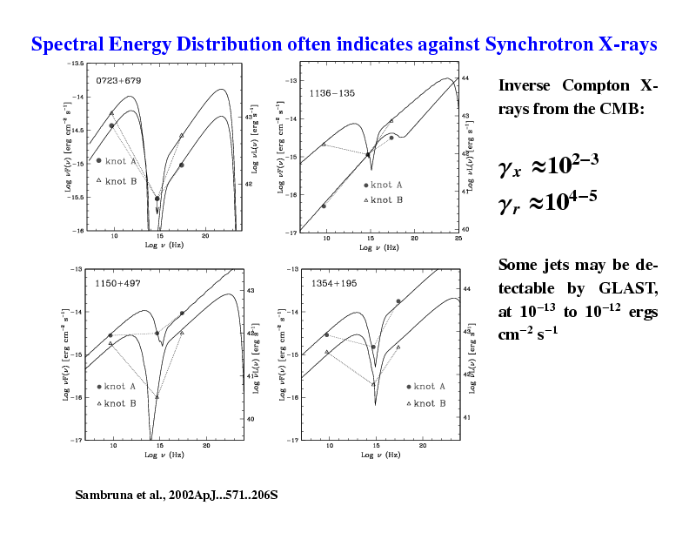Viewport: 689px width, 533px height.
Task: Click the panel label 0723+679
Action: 118,81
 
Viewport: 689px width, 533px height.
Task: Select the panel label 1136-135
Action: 332,92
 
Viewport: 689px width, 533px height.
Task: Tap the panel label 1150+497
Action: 117,284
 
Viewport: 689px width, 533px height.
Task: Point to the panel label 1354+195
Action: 334,284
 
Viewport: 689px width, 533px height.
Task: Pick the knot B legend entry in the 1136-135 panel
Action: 382,200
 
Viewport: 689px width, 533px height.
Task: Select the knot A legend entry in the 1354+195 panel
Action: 425,387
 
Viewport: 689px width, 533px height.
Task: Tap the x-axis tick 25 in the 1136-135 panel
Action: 458,238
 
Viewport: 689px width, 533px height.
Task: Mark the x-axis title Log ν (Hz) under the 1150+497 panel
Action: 163,455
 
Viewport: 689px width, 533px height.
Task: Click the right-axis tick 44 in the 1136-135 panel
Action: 465,78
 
